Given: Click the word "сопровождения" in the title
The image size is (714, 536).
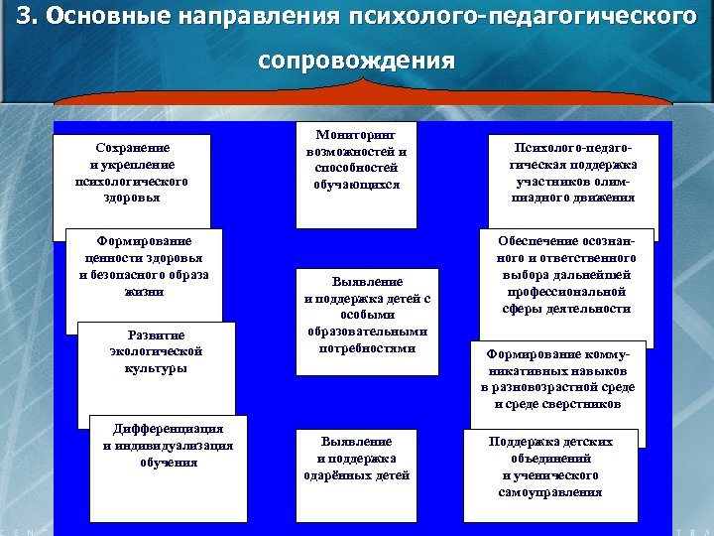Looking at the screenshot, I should coord(356,61).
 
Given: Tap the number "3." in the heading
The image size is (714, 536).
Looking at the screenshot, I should coord(28,18).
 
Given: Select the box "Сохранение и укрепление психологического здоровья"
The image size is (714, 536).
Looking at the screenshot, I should coord(133,175).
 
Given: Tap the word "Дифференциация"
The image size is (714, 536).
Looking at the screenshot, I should coord(169,429).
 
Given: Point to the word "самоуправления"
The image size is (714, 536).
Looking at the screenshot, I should coord(551,492).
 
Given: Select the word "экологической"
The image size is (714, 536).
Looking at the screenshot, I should coord(157,351).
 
